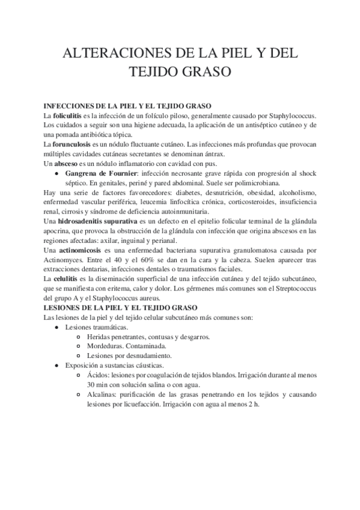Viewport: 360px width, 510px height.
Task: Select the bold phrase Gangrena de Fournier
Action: pos(99,173)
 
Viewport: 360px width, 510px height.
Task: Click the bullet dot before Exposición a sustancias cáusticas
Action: pos(56,365)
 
